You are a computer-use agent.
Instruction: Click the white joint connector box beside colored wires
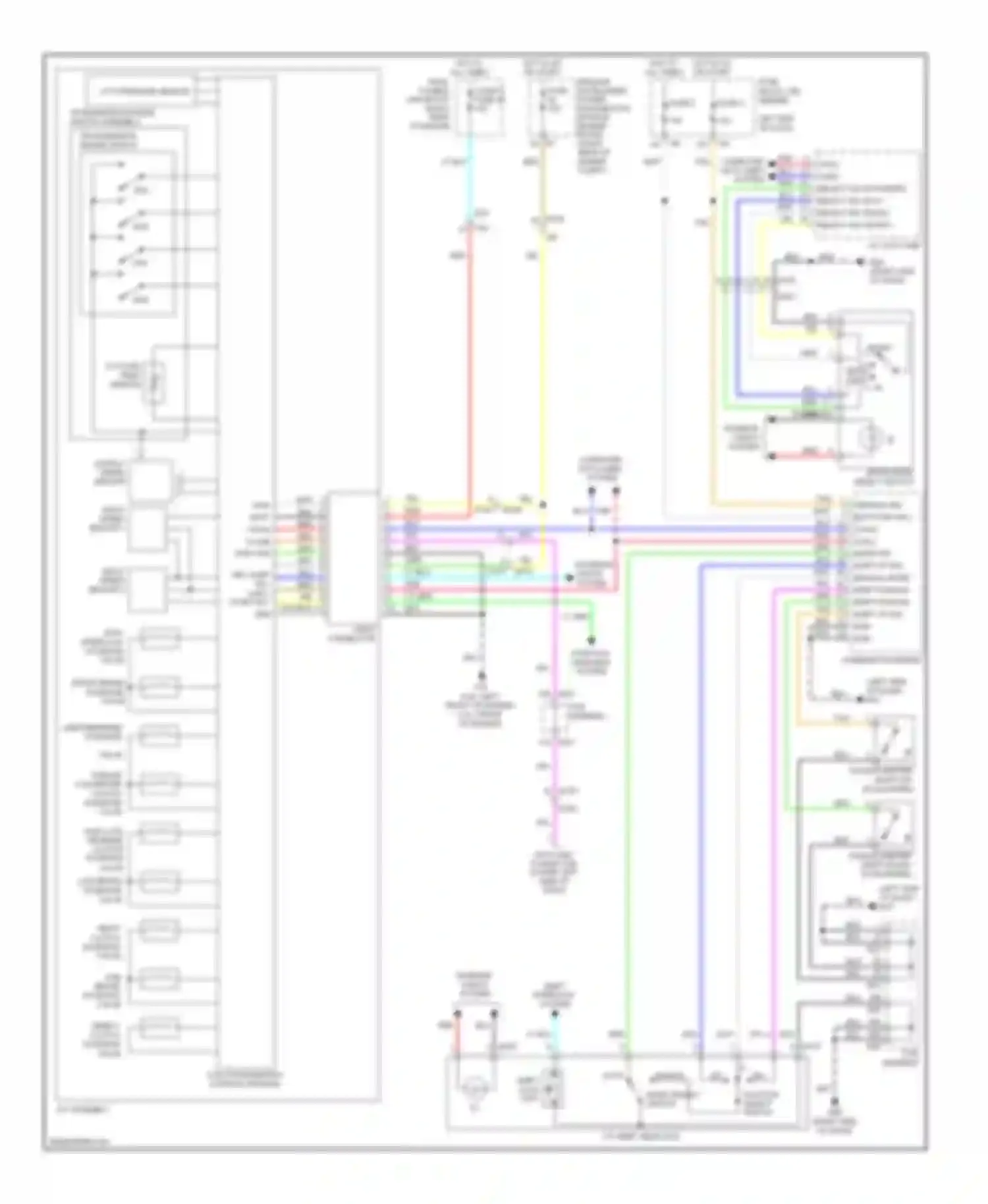(x=354, y=557)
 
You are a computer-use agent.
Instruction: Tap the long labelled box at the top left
(x=140, y=91)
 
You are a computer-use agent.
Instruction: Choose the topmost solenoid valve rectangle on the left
(x=159, y=638)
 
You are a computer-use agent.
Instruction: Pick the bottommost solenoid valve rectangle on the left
(x=159, y=1028)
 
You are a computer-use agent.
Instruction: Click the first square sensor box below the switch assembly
(x=150, y=479)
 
